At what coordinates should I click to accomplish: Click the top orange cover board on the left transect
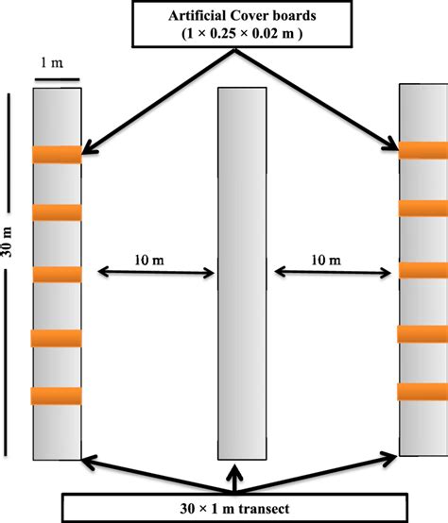[x=58, y=155]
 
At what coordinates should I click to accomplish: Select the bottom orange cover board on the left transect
[x=58, y=396]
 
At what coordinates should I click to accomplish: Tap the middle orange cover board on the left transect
[x=58, y=274]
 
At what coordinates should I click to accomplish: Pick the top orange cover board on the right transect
[x=422, y=149]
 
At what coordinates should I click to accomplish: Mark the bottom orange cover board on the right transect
[x=422, y=391]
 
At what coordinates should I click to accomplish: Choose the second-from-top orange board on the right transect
[x=422, y=209]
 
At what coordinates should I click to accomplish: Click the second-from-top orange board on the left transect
[x=58, y=212]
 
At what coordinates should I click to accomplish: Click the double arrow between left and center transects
[x=149, y=274]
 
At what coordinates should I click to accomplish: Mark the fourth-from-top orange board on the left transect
[x=58, y=338]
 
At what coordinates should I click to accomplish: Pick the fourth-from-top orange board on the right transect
[x=422, y=332]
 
